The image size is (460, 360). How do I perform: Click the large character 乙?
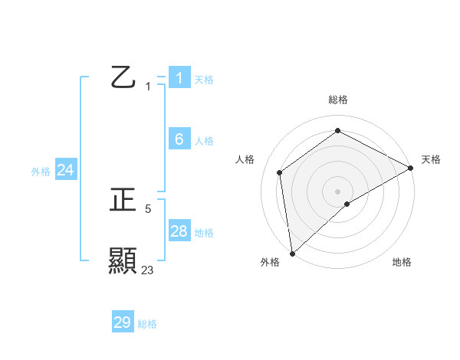[x=123, y=77]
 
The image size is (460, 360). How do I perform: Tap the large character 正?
[x=123, y=201]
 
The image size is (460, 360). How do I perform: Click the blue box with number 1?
[x=179, y=78]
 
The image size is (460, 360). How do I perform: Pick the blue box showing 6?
[x=179, y=139]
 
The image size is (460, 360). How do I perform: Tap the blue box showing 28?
[x=179, y=231]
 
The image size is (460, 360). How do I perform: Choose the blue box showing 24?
[x=66, y=170]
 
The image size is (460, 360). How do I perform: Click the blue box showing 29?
[x=123, y=322]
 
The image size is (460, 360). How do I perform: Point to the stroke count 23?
[x=147, y=270]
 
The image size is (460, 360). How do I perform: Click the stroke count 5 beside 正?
[x=148, y=208]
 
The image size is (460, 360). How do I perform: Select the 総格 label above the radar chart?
[x=337, y=100]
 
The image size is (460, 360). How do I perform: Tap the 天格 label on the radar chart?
[x=431, y=159]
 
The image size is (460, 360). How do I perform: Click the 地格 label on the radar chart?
[x=402, y=263]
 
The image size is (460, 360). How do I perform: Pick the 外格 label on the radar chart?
[x=270, y=263]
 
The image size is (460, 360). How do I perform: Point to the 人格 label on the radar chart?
[x=245, y=159]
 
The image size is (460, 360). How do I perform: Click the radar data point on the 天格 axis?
[x=411, y=167]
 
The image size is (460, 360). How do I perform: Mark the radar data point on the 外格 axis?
[x=292, y=253]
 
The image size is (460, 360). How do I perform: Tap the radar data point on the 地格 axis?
[x=347, y=204]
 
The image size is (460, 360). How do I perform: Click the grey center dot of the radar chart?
[x=337, y=191]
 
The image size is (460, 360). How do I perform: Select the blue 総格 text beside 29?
[x=147, y=324]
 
